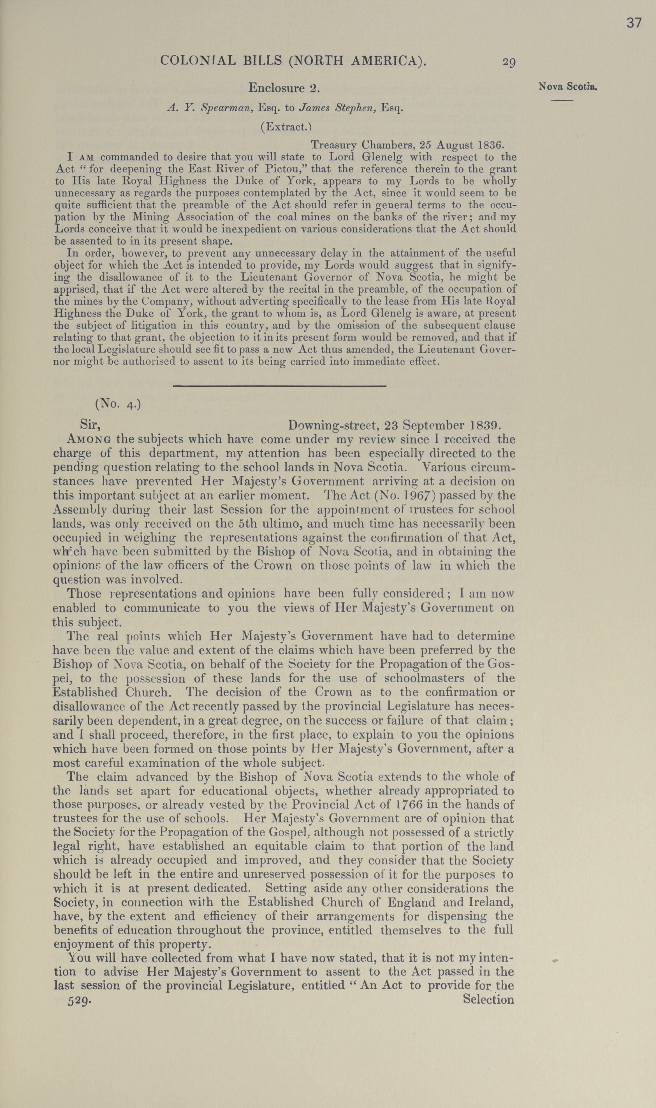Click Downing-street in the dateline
pos(334,425)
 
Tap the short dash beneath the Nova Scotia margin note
pos(561,101)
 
